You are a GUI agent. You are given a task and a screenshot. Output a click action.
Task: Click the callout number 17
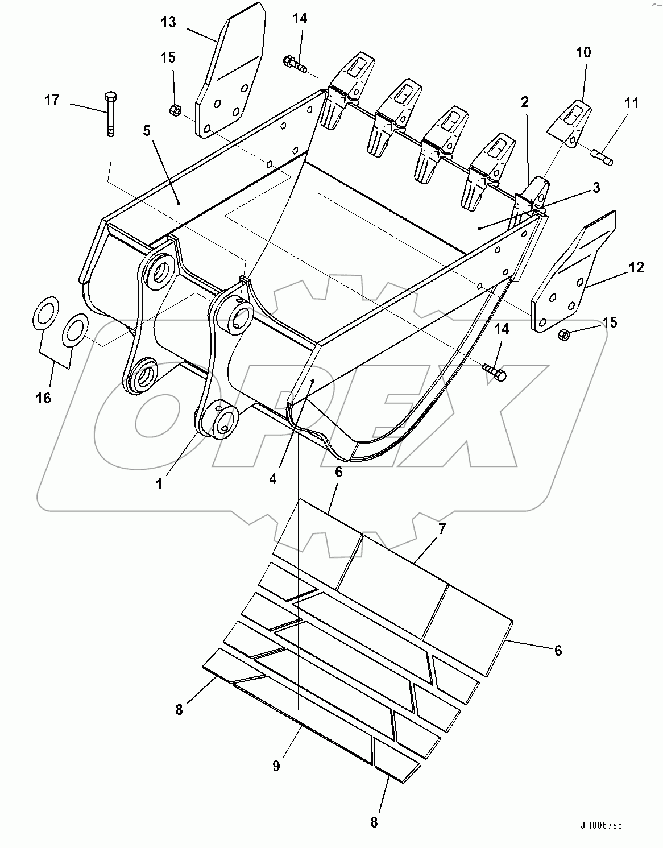52,101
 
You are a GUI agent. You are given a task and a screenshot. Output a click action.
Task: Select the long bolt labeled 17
110,114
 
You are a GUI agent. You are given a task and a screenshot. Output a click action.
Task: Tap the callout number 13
168,23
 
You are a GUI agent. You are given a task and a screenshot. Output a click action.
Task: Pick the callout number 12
636,267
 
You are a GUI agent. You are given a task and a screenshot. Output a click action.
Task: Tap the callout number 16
43,398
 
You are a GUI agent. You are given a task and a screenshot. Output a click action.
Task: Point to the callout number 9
276,766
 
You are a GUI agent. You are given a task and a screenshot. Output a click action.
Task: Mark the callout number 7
442,528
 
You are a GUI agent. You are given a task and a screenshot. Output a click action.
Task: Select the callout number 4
273,479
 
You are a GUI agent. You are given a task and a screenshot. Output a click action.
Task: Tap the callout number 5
147,131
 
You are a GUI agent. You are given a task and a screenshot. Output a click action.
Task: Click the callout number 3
595,187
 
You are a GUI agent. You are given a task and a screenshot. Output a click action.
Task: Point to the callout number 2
524,102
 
